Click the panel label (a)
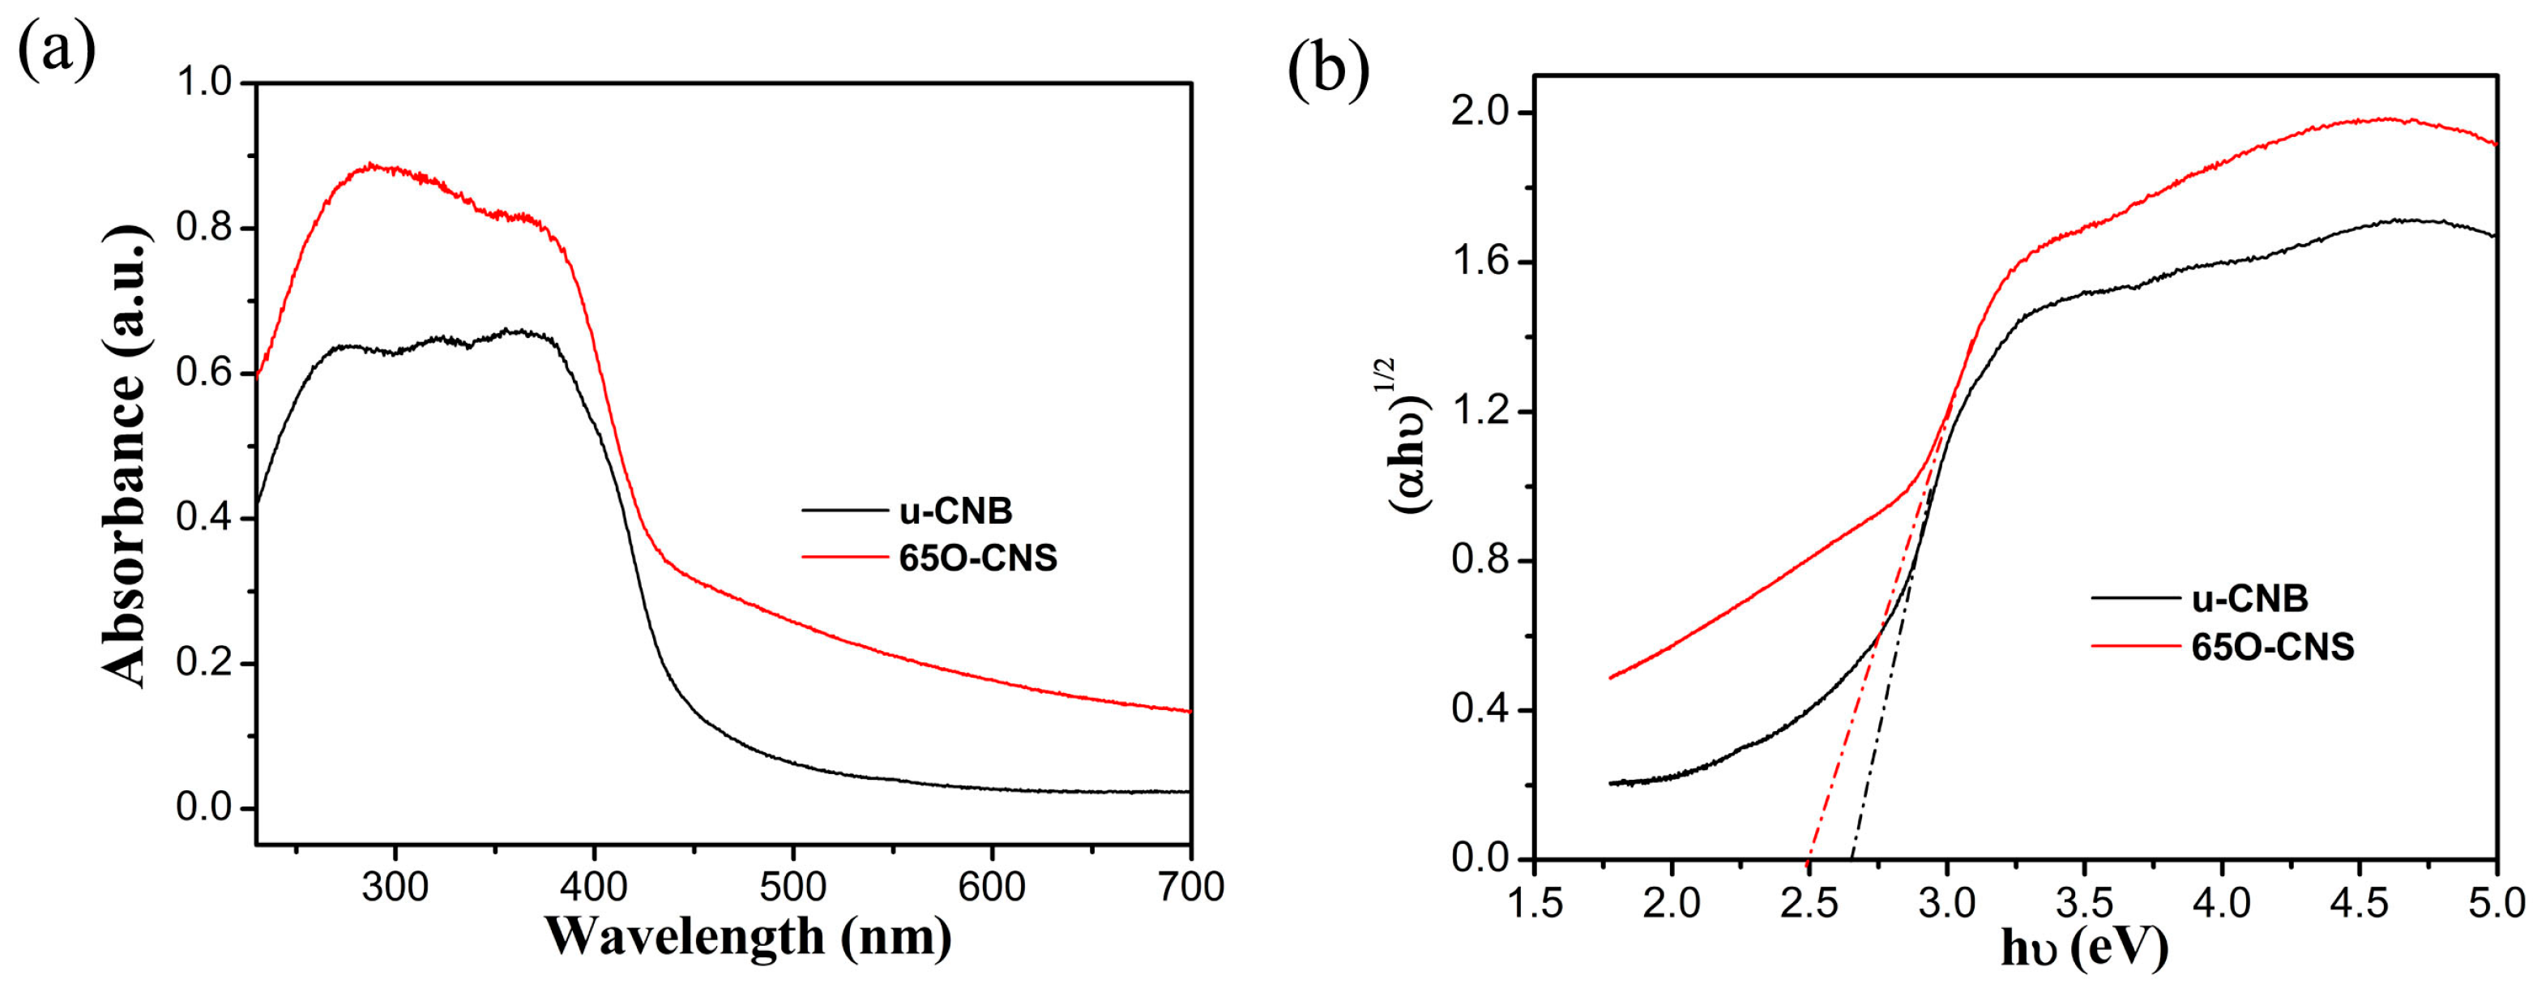(56, 49)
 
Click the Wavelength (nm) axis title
(748, 937)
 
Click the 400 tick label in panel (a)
(594, 888)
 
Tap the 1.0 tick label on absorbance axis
(202, 83)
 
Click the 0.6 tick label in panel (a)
(202, 374)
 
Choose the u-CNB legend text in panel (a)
(955, 511)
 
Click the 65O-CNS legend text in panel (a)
(977, 558)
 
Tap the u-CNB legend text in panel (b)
(2249, 598)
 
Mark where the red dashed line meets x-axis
(1809, 859)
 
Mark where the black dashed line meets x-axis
(1852, 859)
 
